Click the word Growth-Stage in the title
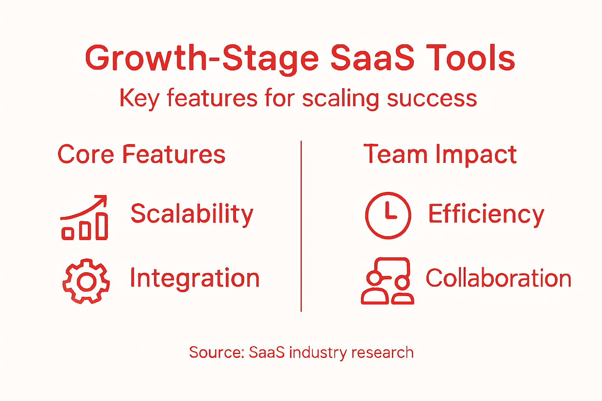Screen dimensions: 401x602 202,59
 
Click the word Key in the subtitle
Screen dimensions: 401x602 139,98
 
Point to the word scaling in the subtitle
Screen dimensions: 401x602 340,98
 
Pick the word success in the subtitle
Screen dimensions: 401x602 432,98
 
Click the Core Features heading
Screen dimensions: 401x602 141,154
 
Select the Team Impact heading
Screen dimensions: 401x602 440,154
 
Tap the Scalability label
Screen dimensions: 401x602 192,214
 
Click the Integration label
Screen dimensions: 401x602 194,278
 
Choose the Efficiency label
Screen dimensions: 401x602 486,214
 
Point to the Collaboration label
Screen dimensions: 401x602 498,278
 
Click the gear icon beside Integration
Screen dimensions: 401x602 86,281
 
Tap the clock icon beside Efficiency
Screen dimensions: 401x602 388,215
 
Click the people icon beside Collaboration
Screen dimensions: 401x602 387,281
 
